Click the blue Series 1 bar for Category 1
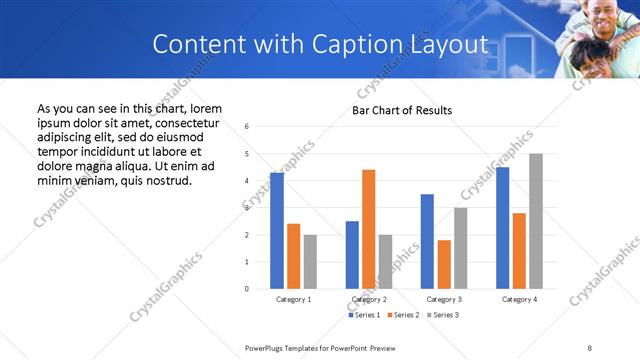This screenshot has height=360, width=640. coord(277,231)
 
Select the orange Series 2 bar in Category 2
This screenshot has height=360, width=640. coord(368,229)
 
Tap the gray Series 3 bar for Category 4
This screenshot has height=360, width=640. coord(536,221)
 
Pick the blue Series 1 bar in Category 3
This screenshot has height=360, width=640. coord(427,241)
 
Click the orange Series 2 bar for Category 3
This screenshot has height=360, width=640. coord(444,264)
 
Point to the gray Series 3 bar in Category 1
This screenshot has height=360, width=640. coord(310,262)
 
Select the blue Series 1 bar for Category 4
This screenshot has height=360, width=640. coord(502,228)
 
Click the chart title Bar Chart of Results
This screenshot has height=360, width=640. coord(402,110)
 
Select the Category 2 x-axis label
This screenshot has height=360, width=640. coord(368,299)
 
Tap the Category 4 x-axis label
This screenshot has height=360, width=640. coord(519,299)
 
